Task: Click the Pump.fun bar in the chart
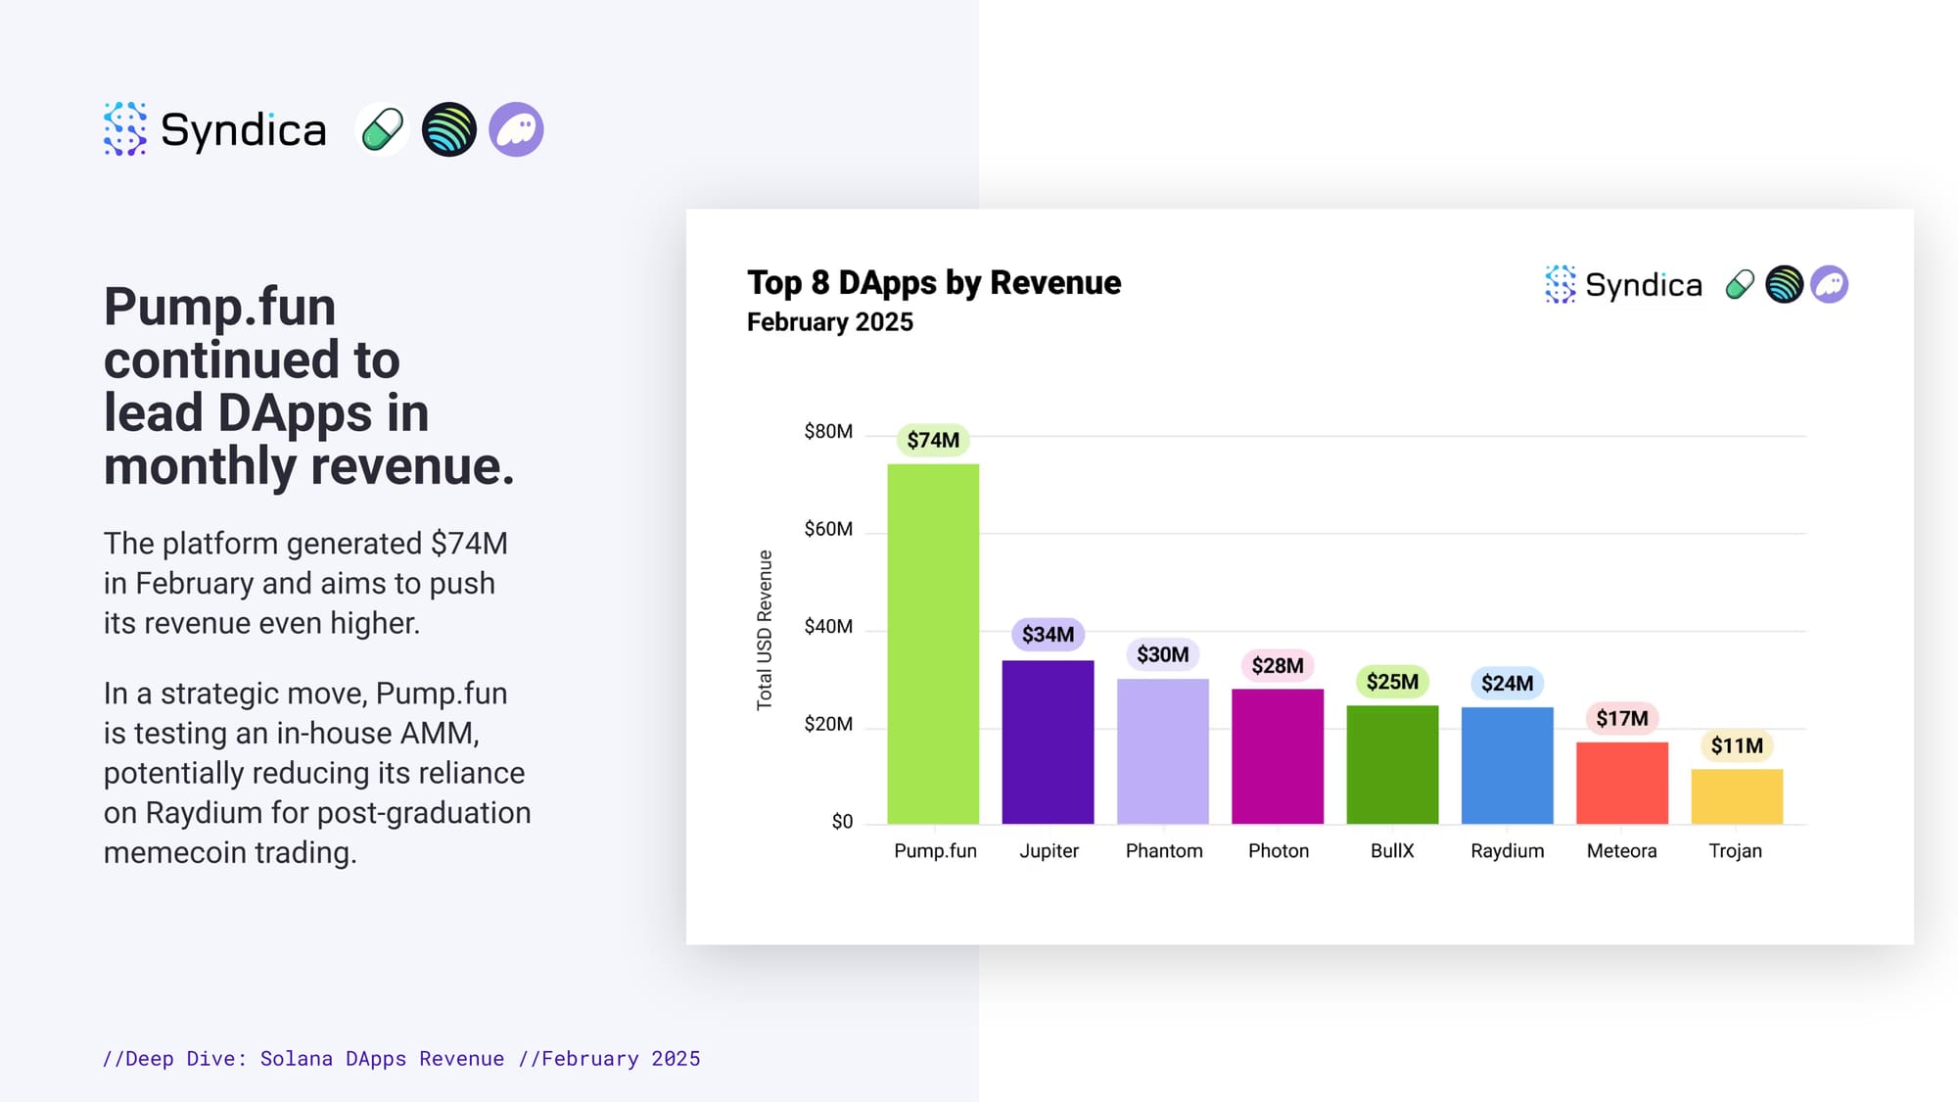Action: pyautogui.click(x=933, y=644)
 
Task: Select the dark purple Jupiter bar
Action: pyautogui.click(x=1048, y=742)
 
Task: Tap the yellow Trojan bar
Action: pyautogui.click(x=1737, y=796)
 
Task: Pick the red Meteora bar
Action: pyautogui.click(x=1622, y=783)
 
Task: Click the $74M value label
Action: pyautogui.click(x=933, y=440)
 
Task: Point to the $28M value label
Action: pyautogui.click(x=1278, y=666)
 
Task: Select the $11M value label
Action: pyautogui.click(x=1737, y=745)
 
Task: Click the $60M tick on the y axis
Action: pyautogui.click(x=828, y=529)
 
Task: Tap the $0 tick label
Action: pyautogui.click(x=842, y=822)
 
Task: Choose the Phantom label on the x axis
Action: pyautogui.click(x=1164, y=850)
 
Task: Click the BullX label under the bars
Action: pyautogui.click(x=1392, y=850)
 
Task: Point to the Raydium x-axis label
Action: pyautogui.click(x=1508, y=851)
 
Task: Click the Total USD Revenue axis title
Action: pyautogui.click(x=765, y=630)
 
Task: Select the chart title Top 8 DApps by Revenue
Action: pyautogui.click(x=934, y=282)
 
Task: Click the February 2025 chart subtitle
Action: pyautogui.click(x=830, y=322)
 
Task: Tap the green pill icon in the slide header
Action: pyautogui.click(x=382, y=129)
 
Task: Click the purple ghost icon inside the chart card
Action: pyautogui.click(x=1829, y=284)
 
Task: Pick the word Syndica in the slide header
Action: pyautogui.click(x=243, y=130)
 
